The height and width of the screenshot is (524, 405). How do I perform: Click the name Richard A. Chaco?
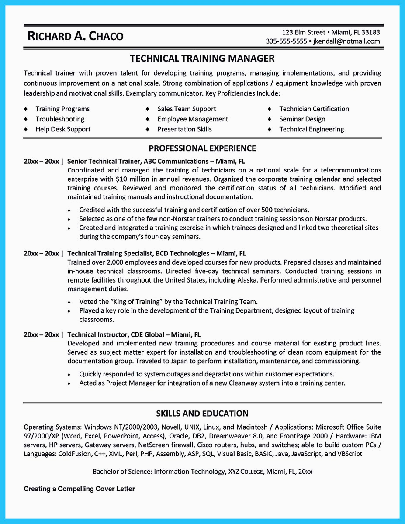coord(75,36)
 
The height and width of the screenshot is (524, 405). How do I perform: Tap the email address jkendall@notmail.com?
coord(346,41)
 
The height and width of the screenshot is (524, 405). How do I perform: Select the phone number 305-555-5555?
coord(287,41)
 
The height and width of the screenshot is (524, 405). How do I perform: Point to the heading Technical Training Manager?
coord(202,58)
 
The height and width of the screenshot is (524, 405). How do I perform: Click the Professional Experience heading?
coord(202,148)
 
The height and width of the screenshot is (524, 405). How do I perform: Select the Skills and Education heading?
coord(202,413)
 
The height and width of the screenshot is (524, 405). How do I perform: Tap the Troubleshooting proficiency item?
coord(60,119)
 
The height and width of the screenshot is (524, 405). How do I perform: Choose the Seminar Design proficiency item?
coord(302,119)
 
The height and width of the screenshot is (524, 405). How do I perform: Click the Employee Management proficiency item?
coord(193,119)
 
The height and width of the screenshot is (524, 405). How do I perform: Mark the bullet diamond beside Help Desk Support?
coord(26,129)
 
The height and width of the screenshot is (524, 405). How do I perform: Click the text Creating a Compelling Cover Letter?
coord(79,489)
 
